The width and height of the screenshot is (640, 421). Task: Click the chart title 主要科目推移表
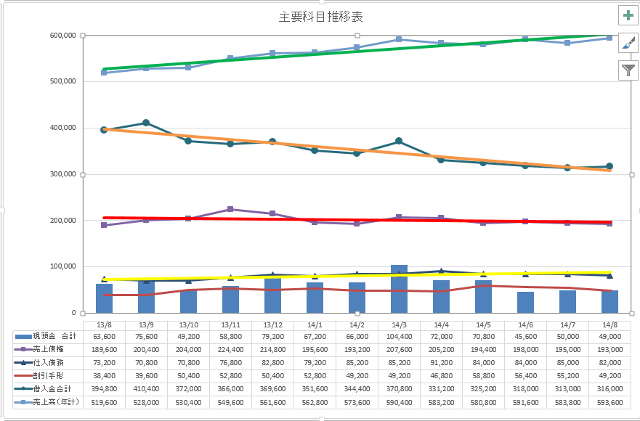pyautogui.click(x=320, y=17)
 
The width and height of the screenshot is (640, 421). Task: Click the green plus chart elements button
pyautogui.click(x=628, y=15)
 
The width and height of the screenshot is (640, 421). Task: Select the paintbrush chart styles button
pyautogui.click(x=628, y=43)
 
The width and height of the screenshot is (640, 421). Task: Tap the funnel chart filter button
pyautogui.click(x=628, y=70)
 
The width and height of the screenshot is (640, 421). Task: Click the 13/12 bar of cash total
pyautogui.click(x=272, y=295)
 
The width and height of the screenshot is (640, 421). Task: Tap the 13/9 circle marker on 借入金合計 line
pyautogui.click(x=146, y=123)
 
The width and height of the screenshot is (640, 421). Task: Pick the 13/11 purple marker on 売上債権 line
pyautogui.click(x=230, y=209)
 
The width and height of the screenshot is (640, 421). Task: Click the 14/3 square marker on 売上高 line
pyautogui.click(x=399, y=39)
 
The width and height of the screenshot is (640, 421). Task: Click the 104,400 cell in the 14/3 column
pyautogui.click(x=399, y=337)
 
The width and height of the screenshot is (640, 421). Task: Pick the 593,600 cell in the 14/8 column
pyautogui.click(x=609, y=402)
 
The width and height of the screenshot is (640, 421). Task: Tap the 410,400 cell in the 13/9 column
pyautogui.click(x=146, y=389)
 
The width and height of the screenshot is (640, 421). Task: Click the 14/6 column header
pyautogui.click(x=525, y=324)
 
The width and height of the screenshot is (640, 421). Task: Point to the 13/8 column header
pyautogui.click(x=104, y=324)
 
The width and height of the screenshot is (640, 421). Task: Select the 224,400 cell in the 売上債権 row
pyautogui.click(x=230, y=350)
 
